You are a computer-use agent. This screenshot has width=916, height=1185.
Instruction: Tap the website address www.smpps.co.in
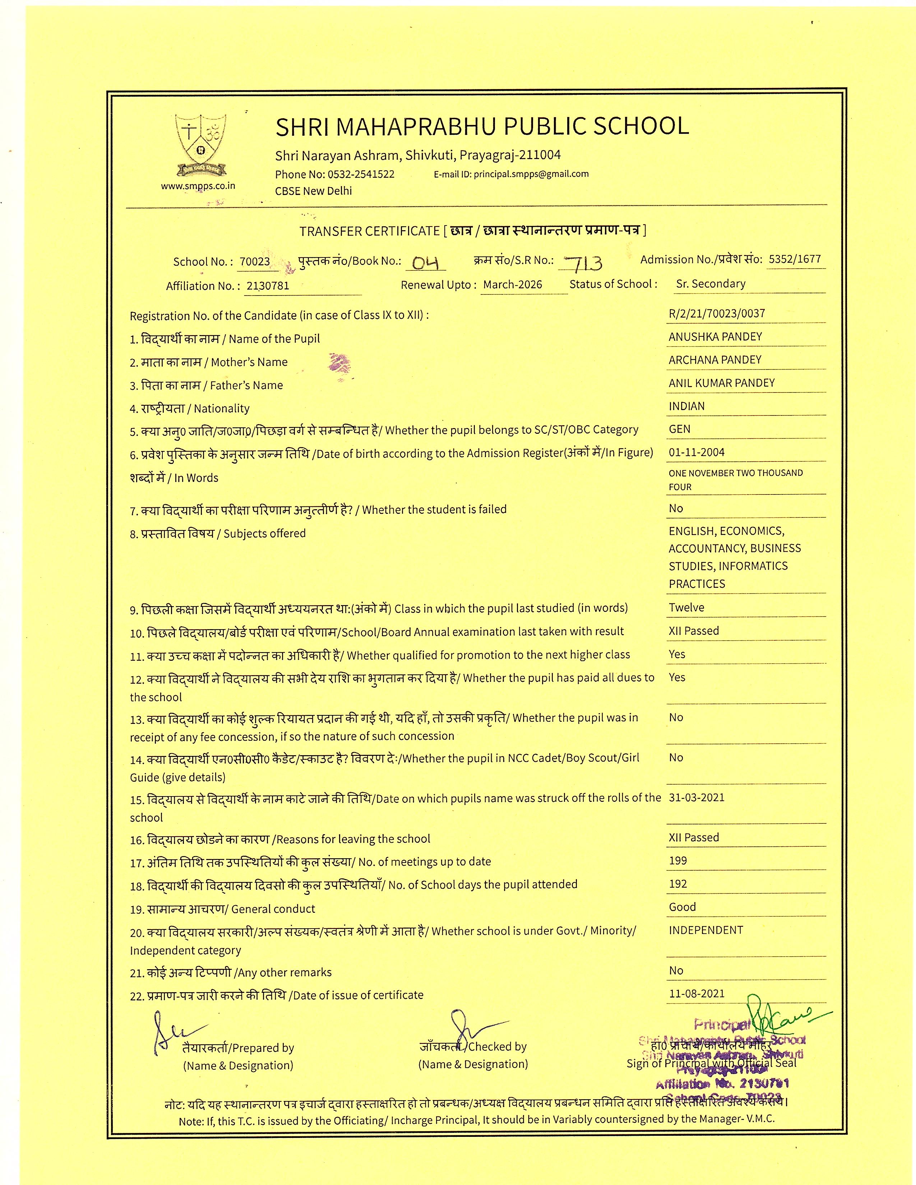pyautogui.click(x=198, y=186)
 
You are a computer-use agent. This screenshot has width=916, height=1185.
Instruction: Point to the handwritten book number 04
pyautogui.click(x=425, y=263)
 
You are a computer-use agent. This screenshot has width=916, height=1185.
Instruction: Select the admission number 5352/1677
pyautogui.click(x=795, y=259)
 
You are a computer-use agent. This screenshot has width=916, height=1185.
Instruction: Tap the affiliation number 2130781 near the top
pyautogui.click(x=268, y=285)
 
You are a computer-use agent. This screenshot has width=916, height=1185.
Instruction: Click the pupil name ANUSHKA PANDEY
pyautogui.click(x=715, y=336)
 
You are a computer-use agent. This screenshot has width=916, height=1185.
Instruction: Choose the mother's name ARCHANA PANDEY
pyautogui.click(x=715, y=360)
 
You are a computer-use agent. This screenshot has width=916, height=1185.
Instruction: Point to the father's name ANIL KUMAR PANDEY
pyautogui.click(x=721, y=383)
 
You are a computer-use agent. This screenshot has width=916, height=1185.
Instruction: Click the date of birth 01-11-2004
pyautogui.click(x=696, y=452)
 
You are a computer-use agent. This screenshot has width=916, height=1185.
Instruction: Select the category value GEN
pyautogui.click(x=679, y=429)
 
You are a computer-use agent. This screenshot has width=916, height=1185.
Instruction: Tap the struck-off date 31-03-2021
pyautogui.click(x=696, y=798)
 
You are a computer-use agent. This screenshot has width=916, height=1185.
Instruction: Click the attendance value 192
pyautogui.click(x=678, y=884)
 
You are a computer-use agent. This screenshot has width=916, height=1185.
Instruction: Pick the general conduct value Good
pyautogui.click(x=682, y=907)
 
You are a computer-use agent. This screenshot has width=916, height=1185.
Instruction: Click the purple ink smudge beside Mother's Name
pyautogui.click(x=339, y=362)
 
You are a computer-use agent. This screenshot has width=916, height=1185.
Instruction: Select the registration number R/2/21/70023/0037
pyautogui.click(x=717, y=313)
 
